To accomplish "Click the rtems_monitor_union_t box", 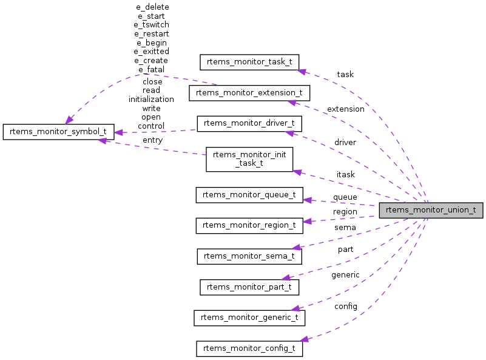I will click(x=431, y=211).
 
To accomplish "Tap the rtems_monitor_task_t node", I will click(x=248, y=62).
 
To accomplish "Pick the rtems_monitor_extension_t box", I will click(x=249, y=93).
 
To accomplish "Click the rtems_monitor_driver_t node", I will click(x=249, y=123).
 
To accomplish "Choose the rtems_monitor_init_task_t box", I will click(x=249, y=159).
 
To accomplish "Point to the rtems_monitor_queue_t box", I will click(x=249, y=195).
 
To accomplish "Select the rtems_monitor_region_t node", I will click(x=249, y=225).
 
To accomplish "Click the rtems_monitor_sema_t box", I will click(x=249, y=256).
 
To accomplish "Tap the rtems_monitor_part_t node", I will click(x=249, y=287).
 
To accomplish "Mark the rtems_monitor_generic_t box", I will click(x=249, y=318).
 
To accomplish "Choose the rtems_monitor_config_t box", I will click(x=249, y=348).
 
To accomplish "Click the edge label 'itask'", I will click(x=346, y=175).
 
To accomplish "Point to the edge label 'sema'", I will click(x=345, y=228).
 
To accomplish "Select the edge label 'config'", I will click(x=345, y=306).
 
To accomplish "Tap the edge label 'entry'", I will click(x=152, y=140).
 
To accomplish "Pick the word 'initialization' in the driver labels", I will click(x=151, y=99).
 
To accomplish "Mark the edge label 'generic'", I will click(x=345, y=275).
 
